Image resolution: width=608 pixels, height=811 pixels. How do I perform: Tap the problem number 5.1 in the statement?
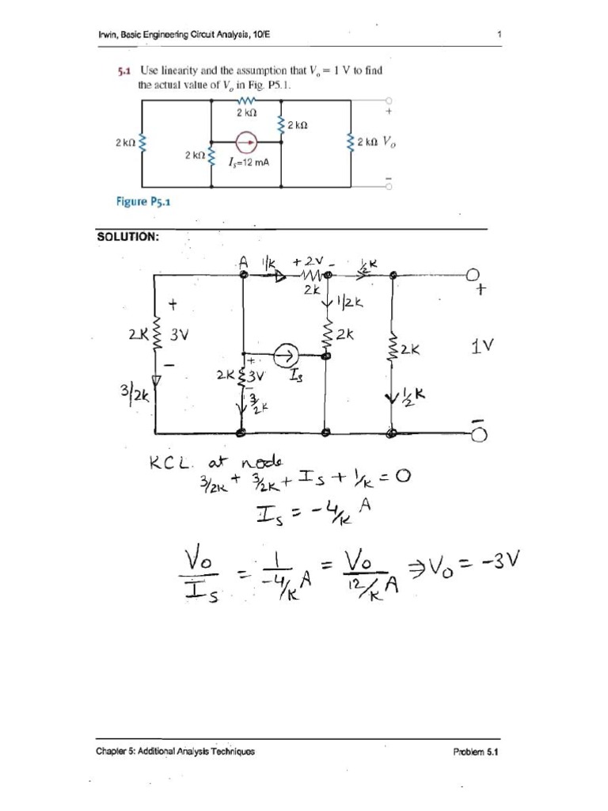coord(123,70)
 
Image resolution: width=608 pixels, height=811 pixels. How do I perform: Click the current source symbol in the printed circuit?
coord(246,143)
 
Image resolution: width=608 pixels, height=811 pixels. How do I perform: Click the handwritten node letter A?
coord(243,261)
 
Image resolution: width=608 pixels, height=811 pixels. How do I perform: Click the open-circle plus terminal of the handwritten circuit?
coord(473,275)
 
